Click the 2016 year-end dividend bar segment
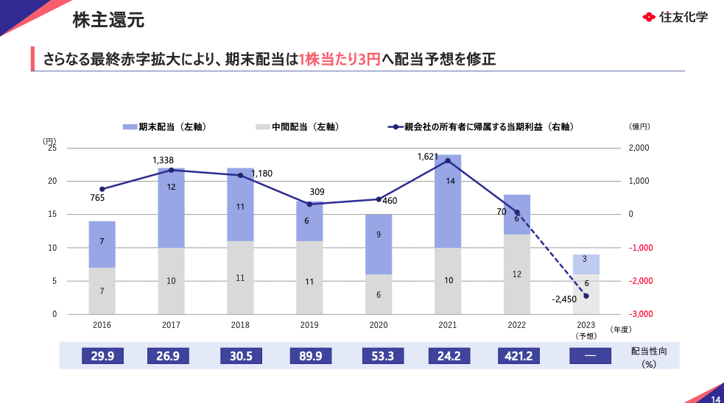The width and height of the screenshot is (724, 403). [102, 244]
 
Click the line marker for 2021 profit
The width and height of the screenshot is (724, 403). [448, 160]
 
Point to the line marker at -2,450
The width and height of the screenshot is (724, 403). [586, 296]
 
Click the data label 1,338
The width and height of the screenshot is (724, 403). [163, 160]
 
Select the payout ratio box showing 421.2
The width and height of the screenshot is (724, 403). [516, 356]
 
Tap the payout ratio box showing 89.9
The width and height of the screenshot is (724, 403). [309, 356]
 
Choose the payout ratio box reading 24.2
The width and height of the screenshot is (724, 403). [448, 356]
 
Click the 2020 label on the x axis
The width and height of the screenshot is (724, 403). [379, 324]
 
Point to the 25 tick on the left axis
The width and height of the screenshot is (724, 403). [52, 148]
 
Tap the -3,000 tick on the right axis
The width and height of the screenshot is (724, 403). [639, 314]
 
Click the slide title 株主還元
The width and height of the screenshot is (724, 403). [108, 20]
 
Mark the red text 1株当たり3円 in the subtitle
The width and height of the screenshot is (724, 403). [340, 59]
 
